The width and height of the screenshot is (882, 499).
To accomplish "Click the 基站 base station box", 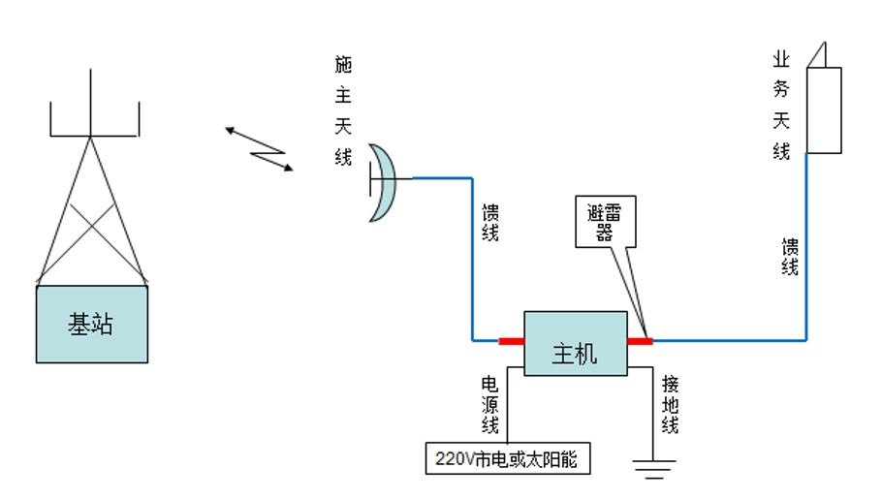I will (x=92, y=324).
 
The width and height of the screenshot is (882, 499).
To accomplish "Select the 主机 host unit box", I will (x=575, y=343).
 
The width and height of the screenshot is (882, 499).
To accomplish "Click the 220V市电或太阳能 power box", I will (x=507, y=458).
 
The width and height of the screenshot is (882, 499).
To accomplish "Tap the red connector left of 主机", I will (x=511, y=341).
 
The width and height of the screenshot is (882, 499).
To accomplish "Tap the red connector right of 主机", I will (x=640, y=341).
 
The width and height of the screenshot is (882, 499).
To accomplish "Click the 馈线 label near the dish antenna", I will (x=489, y=222).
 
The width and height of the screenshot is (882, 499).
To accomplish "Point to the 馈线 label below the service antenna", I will (x=790, y=256).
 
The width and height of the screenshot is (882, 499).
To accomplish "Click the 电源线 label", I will (x=490, y=404).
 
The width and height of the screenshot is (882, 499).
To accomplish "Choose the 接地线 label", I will (x=670, y=404).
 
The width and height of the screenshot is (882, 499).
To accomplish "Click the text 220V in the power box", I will (x=451, y=459).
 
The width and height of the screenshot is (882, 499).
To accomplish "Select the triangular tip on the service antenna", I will (x=820, y=54).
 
